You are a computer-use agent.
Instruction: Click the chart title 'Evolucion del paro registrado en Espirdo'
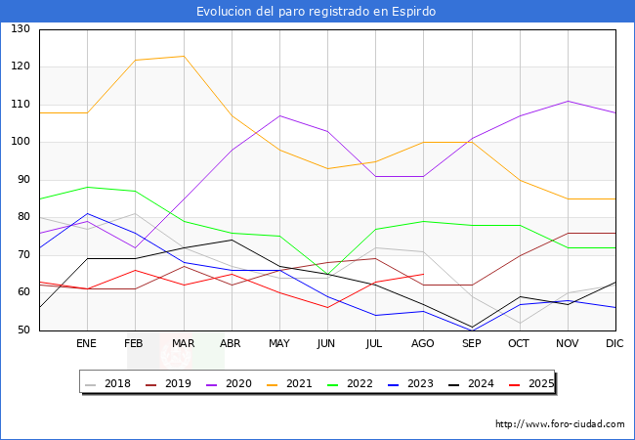pyautogui.click(x=316, y=12)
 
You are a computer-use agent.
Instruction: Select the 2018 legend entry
pyautogui.click(x=108, y=383)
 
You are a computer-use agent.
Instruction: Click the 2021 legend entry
pyautogui.click(x=289, y=383)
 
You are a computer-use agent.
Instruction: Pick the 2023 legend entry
pyautogui.click(x=410, y=383)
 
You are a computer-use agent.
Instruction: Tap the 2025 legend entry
pyautogui.click(x=531, y=383)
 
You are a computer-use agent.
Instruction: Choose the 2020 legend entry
pyautogui.click(x=230, y=383)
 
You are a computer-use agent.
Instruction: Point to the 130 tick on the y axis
pyautogui.click(x=21, y=28)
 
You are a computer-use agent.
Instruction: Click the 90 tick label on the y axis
pyautogui.click(x=23, y=180)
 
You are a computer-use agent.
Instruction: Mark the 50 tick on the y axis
pyautogui.click(x=23, y=330)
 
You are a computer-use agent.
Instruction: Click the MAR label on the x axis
pyautogui.click(x=184, y=343)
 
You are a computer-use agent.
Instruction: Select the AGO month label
pyautogui.click(x=423, y=343)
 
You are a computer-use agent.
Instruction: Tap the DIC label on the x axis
pyautogui.click(x=614, y=343)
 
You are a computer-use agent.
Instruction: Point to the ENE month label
pyautogui.click(x=87, y=343)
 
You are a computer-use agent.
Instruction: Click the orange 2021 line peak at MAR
pyautogui.click(x=184, y=57)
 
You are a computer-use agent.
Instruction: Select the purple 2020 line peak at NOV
pyautogui.click(x=569, y=101)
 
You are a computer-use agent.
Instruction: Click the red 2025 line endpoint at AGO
pyautogui.click(x=423, y=275)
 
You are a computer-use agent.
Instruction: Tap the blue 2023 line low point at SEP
pyautogui.click(x=472, y=330)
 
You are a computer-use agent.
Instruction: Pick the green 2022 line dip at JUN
pyautogui.click(x=327, y=275)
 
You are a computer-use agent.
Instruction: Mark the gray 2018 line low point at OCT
pyautogui.click(x=521, y=324)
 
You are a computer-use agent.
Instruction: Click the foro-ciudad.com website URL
pyautogui.click(x=560, y=424)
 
